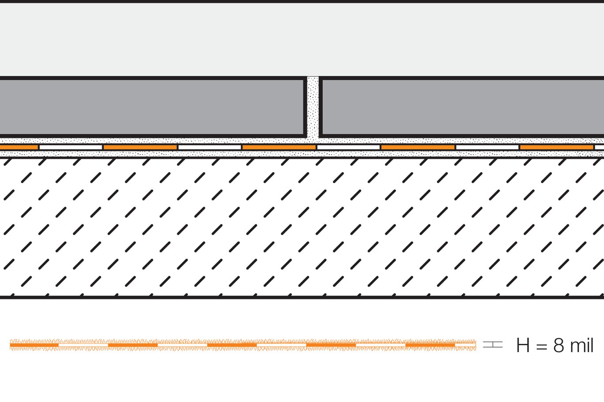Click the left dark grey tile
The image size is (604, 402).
[x=152, y=107]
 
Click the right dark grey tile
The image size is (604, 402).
[x=462, y=107]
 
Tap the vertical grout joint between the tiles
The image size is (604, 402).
[x=313, y=107]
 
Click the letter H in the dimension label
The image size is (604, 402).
[x=523, y=345]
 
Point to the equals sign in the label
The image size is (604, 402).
[x=541, y=346]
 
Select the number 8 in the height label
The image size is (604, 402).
[x=559, y=345]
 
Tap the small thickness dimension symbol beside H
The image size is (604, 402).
[x=493, y=345]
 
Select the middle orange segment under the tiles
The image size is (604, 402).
[x=279, y=147]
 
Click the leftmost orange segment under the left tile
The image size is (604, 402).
[x=19, y=147]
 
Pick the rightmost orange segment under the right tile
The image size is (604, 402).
[x=557, y=147]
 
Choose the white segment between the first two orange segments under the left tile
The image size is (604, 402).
[x=71, y=147]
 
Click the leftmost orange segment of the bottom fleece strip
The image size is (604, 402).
[x=34, y=345]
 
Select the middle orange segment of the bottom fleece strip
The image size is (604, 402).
[x=232, y=345]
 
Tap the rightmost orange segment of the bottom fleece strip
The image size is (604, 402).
[x=430, y=345]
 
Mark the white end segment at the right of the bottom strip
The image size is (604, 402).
[x=465, y=345]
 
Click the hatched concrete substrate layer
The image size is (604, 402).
[x=302, y=227]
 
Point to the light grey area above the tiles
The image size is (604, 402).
[x=302, y=39]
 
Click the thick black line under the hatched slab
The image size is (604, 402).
[x=302, y=297]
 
